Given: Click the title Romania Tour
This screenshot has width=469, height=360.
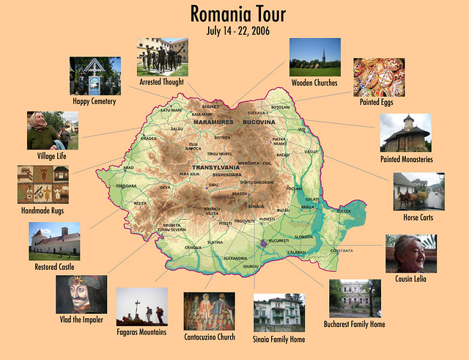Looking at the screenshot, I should tap(238, 14).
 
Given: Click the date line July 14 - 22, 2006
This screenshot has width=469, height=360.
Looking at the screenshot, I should tap(238, 31).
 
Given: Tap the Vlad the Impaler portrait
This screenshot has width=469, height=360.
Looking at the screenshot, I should tap(81, 295).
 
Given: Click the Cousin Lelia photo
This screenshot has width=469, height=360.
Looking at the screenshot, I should tap(411, 254).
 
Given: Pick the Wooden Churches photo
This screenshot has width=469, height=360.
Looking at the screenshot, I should tap(314, 58).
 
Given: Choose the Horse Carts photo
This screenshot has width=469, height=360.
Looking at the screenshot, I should tap(418, 191).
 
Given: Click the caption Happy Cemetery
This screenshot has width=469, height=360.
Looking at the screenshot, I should tap(94, 101).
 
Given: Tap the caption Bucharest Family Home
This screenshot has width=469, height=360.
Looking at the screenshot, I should tap(355, 323).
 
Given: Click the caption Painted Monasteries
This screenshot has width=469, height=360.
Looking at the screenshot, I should tap(407, 158).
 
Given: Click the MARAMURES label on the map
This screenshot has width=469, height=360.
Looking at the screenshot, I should tap(213, 122).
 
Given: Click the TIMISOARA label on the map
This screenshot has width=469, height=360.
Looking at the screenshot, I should tap(127, 186).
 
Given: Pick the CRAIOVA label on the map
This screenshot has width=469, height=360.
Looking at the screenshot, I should tap(193, 248).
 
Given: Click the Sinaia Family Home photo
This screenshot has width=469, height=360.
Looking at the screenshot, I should tap(278, 313).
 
